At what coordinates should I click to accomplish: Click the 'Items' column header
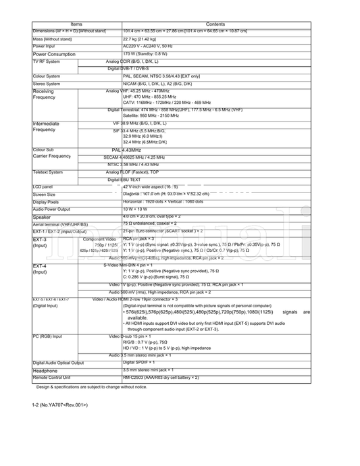tap(76, 24)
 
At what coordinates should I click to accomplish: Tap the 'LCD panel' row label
tap(43, 186)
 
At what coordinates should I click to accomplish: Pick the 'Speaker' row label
tap(42, 217)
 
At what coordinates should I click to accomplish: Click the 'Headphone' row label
tap(45, 370)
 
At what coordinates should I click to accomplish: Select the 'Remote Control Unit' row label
tap(51, 377)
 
